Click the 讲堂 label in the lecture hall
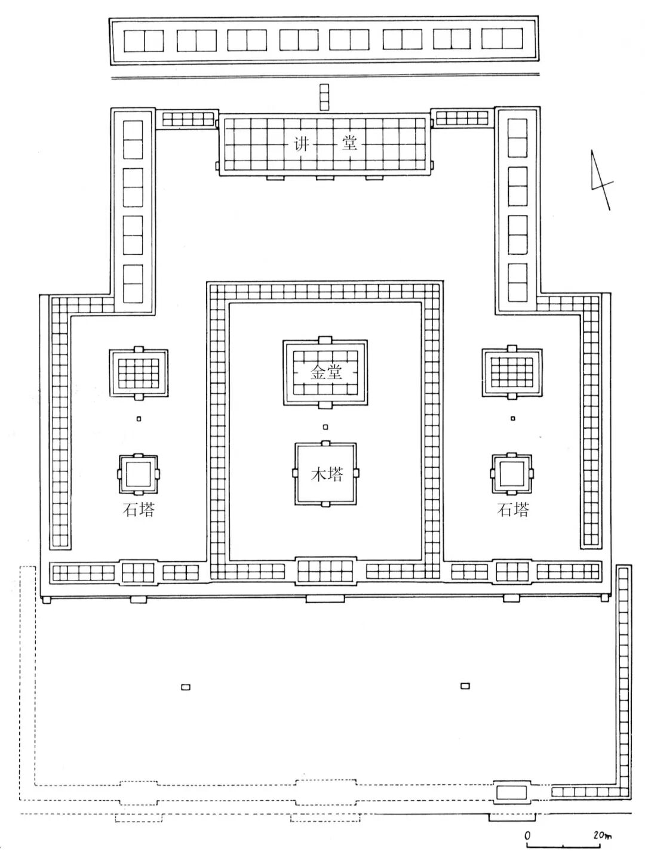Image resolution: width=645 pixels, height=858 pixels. point(324,144)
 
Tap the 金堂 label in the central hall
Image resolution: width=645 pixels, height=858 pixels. point(326,372)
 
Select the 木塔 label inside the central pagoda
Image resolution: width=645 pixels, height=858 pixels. point(327,475)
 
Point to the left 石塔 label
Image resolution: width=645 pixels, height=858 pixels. point(139,510)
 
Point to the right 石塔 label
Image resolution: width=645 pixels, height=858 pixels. point(513,510)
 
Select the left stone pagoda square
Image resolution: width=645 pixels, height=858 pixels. point(139,474)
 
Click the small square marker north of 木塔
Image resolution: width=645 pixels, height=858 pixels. point(325,427)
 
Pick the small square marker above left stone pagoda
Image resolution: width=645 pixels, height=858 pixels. point(139,419)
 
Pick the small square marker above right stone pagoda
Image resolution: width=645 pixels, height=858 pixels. point(512,418)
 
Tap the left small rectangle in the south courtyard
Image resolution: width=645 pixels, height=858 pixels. point(186,687)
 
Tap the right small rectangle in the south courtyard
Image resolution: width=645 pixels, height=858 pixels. point(465,686)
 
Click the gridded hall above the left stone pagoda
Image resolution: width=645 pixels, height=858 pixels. point(139,374)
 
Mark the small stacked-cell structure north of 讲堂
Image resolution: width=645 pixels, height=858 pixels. point(324,97)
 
